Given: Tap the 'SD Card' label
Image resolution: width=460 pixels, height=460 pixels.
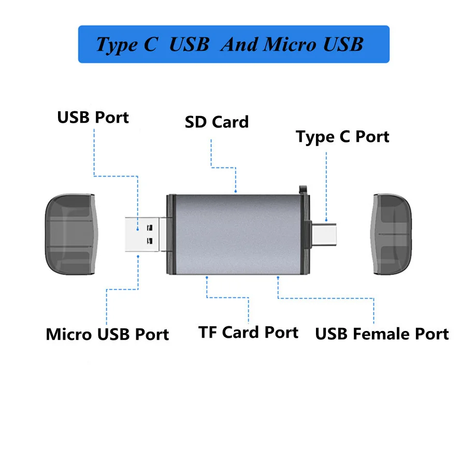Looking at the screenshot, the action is point(217,122).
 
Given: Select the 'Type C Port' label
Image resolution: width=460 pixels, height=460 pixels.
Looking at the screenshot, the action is point(342,137).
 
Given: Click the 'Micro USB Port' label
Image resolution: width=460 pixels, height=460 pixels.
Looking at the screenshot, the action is point(107,334).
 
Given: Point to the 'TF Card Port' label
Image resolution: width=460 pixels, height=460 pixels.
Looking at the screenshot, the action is point(248,332).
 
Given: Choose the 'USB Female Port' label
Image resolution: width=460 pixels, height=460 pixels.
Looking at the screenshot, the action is point(382,334).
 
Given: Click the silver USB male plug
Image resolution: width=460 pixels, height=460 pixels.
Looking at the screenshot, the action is point(146,234).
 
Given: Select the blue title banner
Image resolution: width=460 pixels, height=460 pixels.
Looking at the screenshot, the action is point(233,45).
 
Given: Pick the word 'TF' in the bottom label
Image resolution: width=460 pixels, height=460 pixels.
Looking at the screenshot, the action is point(208,332).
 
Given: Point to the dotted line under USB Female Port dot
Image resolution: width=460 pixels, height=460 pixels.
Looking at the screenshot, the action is point(326,298).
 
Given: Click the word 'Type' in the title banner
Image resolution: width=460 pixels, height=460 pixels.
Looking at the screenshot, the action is point(117,45).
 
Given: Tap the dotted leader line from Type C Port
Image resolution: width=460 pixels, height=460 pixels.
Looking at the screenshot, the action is point(326,186).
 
